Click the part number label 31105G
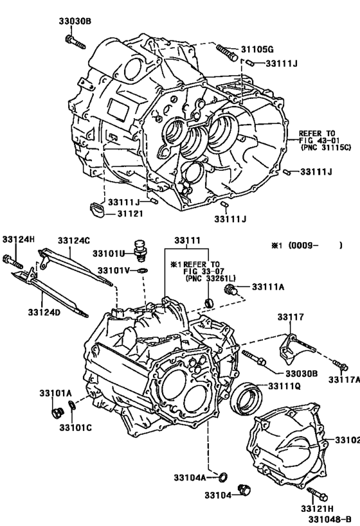click(x=257, y=49)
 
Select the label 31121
click(x=130, y=213)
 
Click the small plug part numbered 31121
click(x=96, y=209)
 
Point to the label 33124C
click(x=74, y=240)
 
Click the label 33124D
click(x=44, y=312)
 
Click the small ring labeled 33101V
click(x=143, y=270)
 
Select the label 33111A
click(x=268, y=287)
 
